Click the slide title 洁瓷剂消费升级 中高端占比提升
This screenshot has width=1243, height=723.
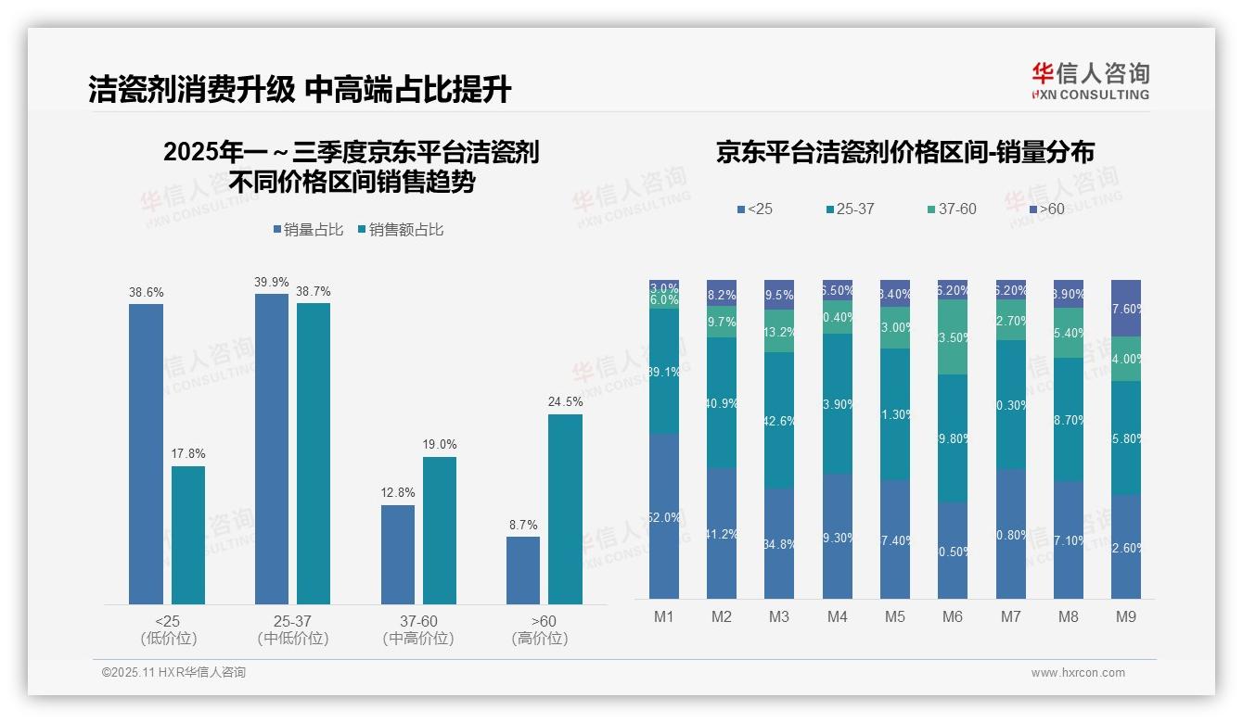click(x=300, y=90)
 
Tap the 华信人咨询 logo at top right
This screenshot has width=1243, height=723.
click(x=1090, y=81)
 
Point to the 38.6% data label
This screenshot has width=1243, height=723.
click(x=146, y=292)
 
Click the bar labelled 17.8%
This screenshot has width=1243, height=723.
click(x=188, y=535)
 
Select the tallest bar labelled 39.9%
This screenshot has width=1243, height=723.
click(x=271, y=450)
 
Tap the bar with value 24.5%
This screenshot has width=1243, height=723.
click(x=565, y=509)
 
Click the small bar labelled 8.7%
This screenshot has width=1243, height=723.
click(x=523, y=570)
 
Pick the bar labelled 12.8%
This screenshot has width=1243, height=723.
click(x=398, y=554)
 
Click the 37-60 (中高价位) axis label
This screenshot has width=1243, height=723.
click(x=417, y=629)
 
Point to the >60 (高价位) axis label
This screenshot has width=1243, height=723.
click(x=539, y=629)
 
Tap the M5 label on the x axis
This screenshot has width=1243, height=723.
click(x=894, y=616)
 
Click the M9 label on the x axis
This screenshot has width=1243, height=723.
click(x=1125, y=616)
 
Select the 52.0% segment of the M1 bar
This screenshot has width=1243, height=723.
click(x=664, y=516)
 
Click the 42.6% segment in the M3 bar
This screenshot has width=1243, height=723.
click(x=778, y=420)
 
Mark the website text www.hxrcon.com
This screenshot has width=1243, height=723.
click(x=1077, y=673)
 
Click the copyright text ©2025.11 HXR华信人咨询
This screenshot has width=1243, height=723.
click(x=173, y=673)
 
